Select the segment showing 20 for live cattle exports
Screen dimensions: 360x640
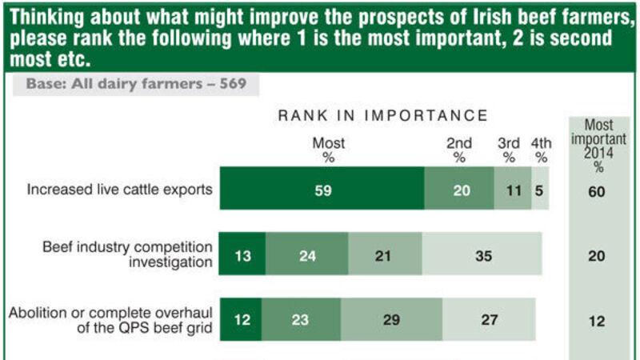(x=458, y=190)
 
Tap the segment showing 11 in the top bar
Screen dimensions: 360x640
(x=512, y=190)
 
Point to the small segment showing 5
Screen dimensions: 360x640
(x=541, y=190)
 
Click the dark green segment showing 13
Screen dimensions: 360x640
(x=242, y=255)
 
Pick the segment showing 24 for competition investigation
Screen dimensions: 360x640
(x=307, y=255)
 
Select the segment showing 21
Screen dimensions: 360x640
(x=385, y=255)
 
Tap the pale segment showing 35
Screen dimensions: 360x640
(x=482, y=255)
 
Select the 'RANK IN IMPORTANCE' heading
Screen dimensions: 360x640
(x=382, y=116)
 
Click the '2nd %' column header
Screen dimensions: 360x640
(x=459, y=150)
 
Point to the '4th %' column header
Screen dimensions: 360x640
(x=542, y=150)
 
